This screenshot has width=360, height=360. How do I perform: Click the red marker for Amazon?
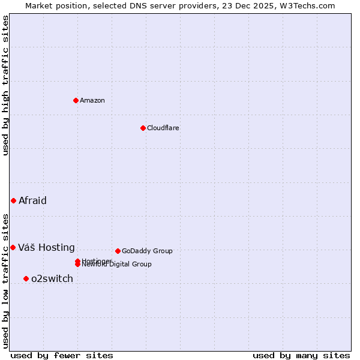tap(76, 100)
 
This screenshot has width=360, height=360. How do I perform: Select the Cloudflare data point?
tap(143, 128)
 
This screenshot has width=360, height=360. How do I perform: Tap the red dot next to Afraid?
tap(13, 200)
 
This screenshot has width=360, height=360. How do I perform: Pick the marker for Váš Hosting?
tap(13, 247)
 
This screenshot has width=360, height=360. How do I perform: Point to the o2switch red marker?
tap(26, 278)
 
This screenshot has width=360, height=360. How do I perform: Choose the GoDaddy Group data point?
tap(118, 251)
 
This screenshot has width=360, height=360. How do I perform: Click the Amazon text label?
tap(92, 100)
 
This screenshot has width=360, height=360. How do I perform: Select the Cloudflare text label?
tap(163, 128)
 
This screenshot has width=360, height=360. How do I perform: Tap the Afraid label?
tap(32, 200)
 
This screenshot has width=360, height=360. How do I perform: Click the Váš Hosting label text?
tap(46, 247)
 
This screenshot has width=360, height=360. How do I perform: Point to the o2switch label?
tap(52, 278)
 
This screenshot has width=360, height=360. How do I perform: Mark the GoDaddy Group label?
tap(147, 251)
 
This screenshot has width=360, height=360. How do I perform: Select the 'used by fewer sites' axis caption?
tap(62, 355)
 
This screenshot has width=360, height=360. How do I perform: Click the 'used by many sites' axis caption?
tap(301, 355)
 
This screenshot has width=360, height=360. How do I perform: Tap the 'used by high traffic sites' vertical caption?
tap(5, 85)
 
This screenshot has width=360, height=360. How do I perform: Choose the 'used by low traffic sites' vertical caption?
tap(5, 280)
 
